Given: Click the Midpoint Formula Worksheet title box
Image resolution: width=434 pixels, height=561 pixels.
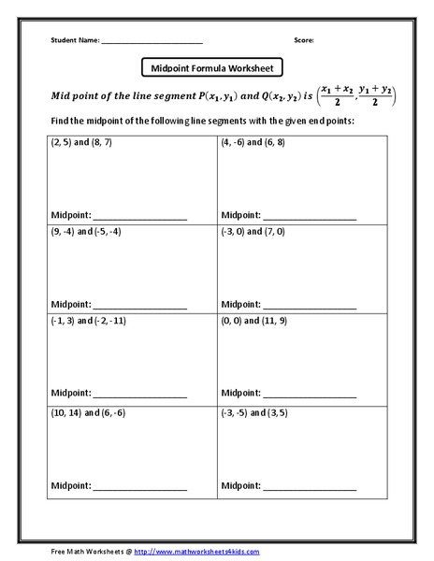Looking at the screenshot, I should [x=211, y=67].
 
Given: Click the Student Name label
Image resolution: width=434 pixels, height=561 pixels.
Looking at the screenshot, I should [x=72, y=41].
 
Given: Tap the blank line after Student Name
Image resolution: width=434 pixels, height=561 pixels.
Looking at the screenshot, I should [x=152, y=42].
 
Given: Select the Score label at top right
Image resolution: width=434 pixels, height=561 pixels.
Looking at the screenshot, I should [x=303, y=41].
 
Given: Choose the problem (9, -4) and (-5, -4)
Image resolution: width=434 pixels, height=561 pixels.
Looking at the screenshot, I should [x=86, y=231].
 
